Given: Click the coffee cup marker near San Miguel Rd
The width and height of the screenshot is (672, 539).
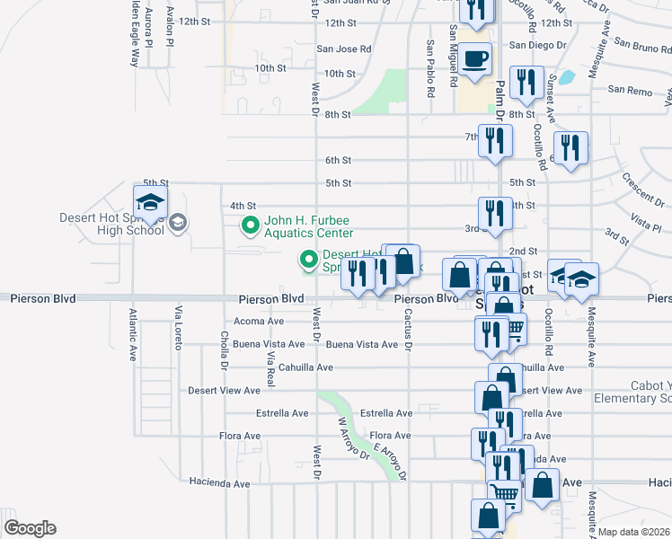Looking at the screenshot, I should point(475,60).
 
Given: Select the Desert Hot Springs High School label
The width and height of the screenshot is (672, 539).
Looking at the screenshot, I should point(111,223).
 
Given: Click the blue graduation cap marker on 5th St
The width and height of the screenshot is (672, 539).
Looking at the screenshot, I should point(150,201).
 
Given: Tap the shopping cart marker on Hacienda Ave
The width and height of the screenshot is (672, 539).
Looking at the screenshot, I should point(504,492).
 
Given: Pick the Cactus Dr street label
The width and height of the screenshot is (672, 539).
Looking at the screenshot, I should point(408,331).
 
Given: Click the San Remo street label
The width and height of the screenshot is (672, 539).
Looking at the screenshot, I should point(628,90).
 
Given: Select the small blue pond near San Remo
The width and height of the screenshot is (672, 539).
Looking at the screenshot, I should point(566,77).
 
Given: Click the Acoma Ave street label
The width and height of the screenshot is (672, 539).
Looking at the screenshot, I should point(258,321).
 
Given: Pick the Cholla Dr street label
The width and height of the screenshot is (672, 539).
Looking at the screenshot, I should point(223,349).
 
